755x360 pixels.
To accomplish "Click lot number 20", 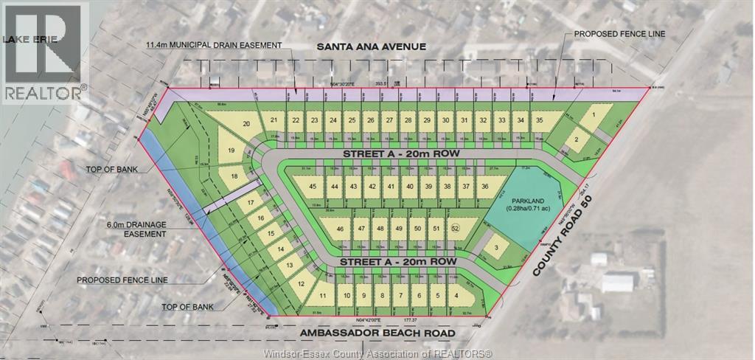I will tap(246, 124).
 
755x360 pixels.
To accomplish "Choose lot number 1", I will tap(593, 115).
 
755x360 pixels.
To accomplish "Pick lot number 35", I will tap(540, 120).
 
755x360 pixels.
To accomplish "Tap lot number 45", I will tap(313, 187).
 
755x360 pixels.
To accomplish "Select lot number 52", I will tap(455, 229).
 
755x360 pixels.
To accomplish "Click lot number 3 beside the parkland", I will tap(497, 247).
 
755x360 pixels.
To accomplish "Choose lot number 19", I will tap(231, 150).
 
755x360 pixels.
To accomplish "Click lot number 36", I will tap(484, 187).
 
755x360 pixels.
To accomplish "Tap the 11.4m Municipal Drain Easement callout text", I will tap(213, 46).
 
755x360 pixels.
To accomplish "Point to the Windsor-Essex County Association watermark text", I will tap(377, 353).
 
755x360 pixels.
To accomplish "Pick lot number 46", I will tap(340, 229).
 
